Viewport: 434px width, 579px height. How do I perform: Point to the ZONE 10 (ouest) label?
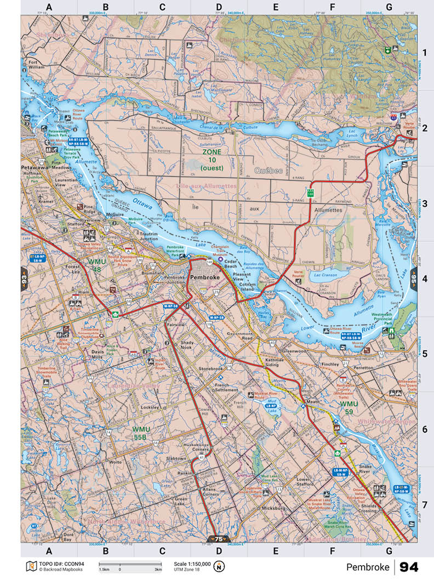[212, 159]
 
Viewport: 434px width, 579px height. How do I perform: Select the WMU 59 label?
[348, 407]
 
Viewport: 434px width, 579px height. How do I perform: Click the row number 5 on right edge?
[424, 354]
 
